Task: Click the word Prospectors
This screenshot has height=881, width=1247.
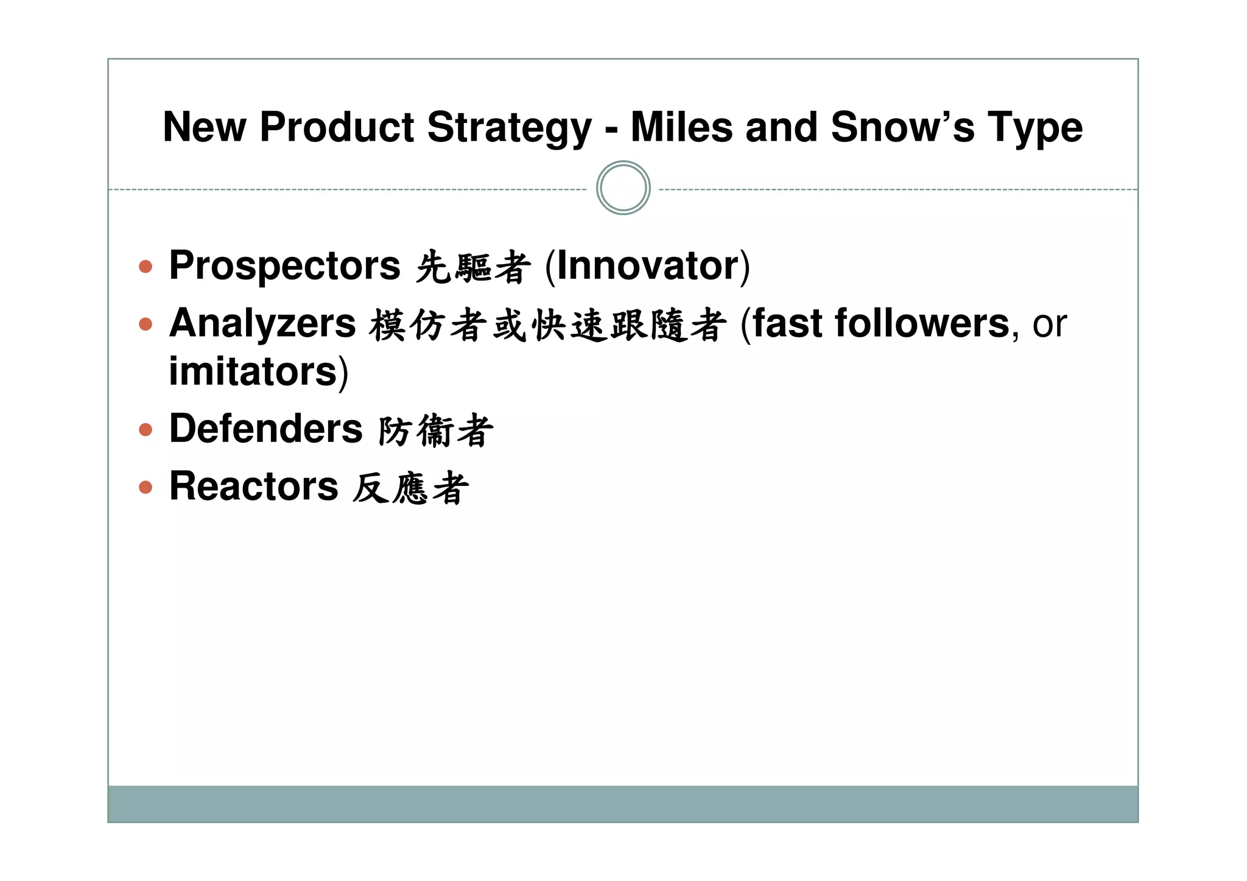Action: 284,266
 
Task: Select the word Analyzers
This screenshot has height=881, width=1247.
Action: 262,323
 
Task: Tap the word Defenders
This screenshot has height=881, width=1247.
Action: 265,429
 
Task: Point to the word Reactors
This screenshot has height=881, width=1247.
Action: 253,486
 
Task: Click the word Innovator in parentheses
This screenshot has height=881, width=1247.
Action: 648,266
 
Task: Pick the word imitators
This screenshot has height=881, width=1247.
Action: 253,371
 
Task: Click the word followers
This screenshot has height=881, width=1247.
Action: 922,323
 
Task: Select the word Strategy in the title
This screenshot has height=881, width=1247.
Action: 509,128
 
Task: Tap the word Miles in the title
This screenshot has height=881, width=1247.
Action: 681,128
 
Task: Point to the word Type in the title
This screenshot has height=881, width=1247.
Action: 1034,128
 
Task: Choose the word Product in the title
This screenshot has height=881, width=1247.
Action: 337,128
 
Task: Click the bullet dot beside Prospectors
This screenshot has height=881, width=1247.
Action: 146,266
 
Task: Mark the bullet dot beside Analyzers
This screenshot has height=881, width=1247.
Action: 146,324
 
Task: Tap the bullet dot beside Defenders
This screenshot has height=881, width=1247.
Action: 146,430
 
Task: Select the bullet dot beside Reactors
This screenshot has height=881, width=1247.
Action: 146,487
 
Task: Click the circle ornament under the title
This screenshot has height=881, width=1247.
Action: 623,188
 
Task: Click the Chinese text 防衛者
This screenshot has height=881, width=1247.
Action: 435,430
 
